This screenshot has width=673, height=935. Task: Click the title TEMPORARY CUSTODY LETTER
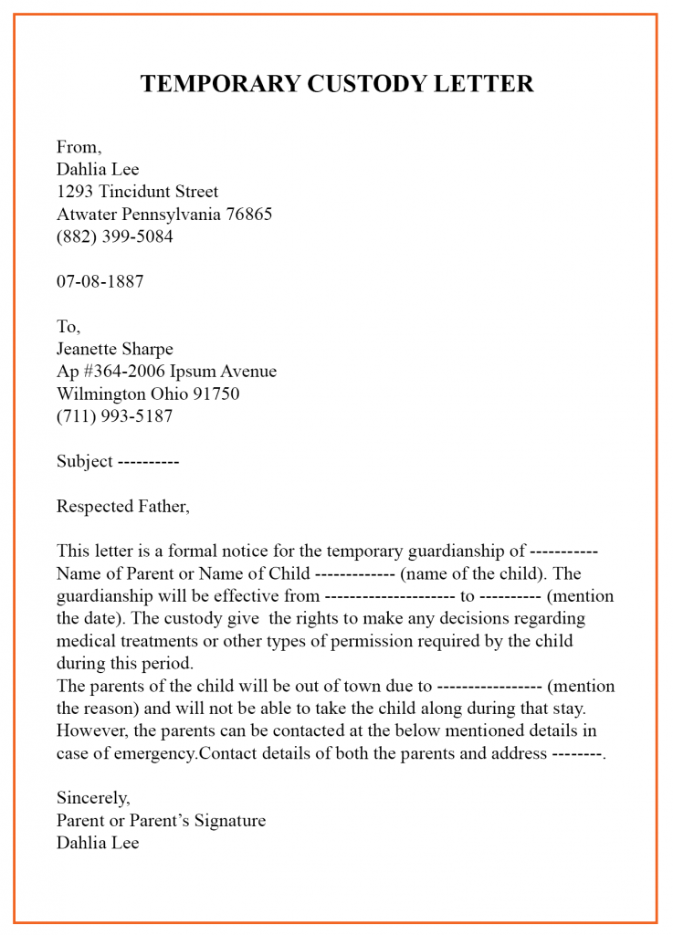pos(336,84)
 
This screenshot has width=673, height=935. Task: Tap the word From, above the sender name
pos(79,147)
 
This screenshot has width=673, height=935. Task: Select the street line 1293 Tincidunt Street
pos(137,192)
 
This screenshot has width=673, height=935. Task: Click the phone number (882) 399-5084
pos(114,236)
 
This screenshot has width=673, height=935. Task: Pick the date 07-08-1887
pos(100,281)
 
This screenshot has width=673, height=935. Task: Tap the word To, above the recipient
pos(68,327)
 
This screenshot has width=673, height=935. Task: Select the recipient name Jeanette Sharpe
pos(114,349)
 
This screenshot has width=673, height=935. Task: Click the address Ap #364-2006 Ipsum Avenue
pos(166,372)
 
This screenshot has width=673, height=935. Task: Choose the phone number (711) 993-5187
pos(114,416)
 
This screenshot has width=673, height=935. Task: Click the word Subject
pos(85,461)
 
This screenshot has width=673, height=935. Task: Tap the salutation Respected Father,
pos(123,506)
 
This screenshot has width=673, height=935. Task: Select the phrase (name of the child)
pos(474,573)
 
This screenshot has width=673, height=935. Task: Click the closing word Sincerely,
pos(93,798)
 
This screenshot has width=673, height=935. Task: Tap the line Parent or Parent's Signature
pos(161,820)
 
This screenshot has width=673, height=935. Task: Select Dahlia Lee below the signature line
pos(98,843)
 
